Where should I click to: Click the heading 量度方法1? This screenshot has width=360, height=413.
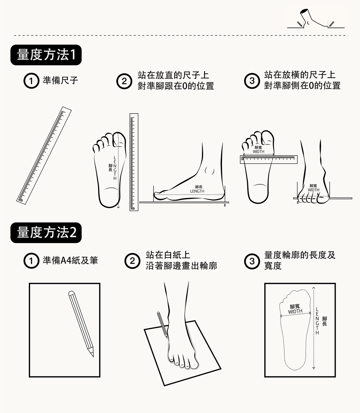46,55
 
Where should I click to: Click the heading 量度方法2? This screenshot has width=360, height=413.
46,233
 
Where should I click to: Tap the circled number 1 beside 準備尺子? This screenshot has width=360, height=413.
31,81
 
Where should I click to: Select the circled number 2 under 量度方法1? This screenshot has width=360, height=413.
124,81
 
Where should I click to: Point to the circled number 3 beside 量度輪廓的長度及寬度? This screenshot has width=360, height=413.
252,261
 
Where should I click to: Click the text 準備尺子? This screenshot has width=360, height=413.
60,81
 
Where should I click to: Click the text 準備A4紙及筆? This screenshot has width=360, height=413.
70,260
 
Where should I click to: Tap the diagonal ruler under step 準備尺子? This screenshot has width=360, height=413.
44,156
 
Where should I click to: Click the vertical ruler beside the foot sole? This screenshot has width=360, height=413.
134,162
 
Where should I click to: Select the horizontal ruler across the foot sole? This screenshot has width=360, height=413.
269,159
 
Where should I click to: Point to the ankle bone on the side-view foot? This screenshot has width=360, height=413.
209,170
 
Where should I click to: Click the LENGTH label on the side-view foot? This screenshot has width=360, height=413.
197,191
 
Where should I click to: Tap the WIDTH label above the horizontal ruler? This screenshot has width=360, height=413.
258,152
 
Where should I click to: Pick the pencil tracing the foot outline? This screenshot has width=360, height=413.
162,325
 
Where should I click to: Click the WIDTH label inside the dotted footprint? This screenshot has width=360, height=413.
295,311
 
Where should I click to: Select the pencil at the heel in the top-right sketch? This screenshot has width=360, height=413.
300,24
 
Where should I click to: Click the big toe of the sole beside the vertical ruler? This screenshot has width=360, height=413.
119,140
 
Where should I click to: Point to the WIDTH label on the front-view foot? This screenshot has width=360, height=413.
313,190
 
